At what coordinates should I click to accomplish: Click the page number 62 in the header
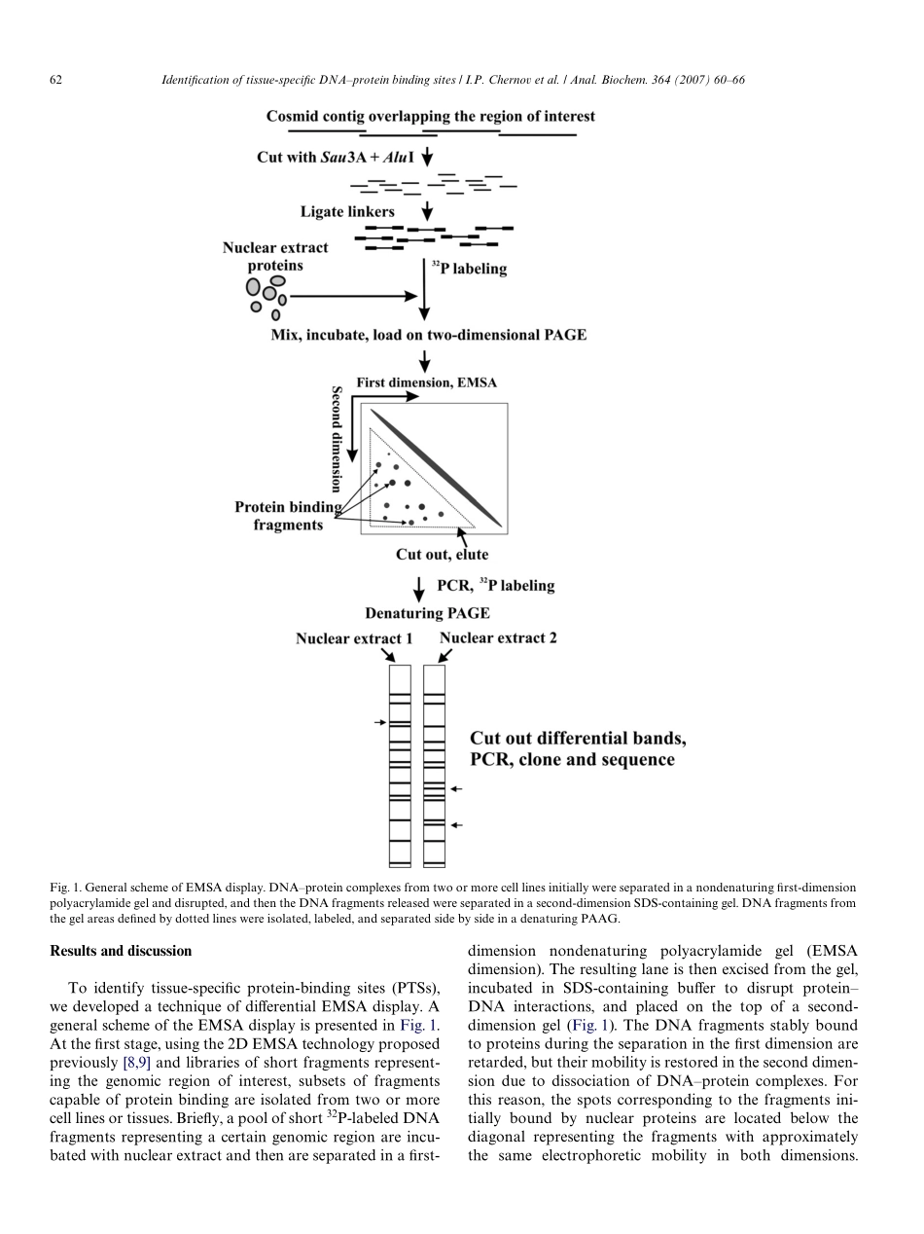click(55, 80)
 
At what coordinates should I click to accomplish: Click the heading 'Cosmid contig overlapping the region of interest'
click(431, 116)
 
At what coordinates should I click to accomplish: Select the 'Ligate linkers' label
click(347, 211)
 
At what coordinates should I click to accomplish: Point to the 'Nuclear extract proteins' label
click(275, 257)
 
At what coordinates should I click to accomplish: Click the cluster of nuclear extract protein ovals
click(267, 295)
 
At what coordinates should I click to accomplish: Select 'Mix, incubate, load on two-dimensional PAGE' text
click(428, 335)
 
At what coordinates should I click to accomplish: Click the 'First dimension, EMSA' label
click(426, 382)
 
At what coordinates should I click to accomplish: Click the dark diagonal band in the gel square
click(436, 467)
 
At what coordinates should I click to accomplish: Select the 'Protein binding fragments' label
click(288, 516)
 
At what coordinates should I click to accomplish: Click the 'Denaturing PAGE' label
click(427, 613)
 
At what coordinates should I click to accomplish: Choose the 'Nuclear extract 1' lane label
click(354, 638)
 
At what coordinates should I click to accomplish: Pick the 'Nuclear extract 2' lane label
click(498, 638)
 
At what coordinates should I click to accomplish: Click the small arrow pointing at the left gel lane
click(380, 722)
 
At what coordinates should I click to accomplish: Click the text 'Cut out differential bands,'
click(578, 738)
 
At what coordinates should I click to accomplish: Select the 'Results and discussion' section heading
click(121, 951)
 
